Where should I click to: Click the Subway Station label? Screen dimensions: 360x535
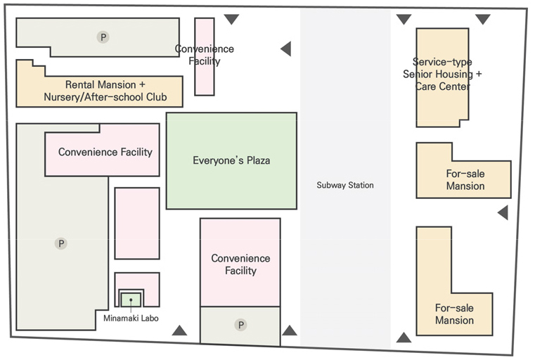click(344, 186)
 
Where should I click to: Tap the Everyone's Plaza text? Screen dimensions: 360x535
click(231, 161)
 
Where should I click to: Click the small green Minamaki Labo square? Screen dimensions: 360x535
click(131, 299)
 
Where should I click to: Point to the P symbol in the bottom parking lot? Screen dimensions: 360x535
click(240, 325)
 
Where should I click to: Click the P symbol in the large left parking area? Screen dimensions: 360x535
click(61, 243)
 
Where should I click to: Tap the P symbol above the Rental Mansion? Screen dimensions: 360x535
click(103, 37)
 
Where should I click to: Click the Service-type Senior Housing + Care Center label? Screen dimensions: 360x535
click(442, 74)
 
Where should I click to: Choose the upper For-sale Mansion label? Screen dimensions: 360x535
click(465, 180)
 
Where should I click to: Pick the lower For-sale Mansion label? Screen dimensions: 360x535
click(454, 314)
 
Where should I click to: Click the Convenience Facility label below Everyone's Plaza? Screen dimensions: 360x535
click(240, 264)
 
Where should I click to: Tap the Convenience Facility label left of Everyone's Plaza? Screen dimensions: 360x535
click(105, 152)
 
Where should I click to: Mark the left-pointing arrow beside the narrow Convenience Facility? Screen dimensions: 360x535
click(285, 49)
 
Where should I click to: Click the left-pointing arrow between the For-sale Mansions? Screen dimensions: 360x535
click(502, 212)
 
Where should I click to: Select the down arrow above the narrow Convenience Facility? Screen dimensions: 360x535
click(231, 20)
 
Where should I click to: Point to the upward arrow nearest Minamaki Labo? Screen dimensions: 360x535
click(180, 330)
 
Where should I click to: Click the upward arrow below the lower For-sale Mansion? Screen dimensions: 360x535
click(404, 337)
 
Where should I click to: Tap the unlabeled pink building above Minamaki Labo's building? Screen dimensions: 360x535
click(137, 224)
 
